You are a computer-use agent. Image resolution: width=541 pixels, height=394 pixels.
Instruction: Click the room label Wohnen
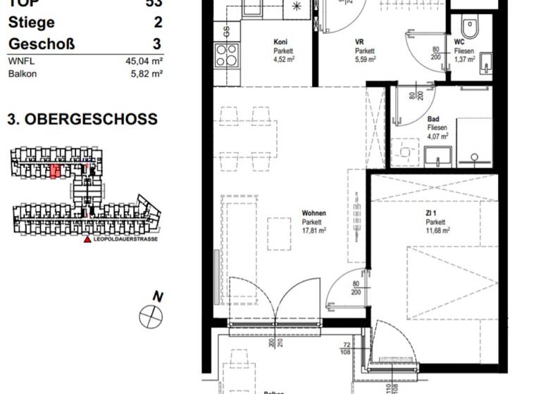(x=313, y=213)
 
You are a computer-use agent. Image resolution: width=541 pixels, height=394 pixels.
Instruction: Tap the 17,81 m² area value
(x=313, y=230)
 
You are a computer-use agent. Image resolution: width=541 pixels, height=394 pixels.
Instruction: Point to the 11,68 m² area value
(x=437, y=230)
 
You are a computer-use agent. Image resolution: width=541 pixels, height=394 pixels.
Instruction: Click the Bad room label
(x=434, y=120)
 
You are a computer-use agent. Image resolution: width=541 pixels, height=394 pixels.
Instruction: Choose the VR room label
(x=360, y=42)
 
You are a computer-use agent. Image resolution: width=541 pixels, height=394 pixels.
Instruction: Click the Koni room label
(x=280, y=42)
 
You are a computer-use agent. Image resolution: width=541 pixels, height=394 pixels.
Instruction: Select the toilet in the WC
(x=470, y=27)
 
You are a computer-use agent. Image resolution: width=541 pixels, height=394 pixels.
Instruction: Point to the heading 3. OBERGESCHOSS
(x=82, y=120)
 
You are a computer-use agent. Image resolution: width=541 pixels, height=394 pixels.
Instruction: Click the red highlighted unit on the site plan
(x=54, y=171)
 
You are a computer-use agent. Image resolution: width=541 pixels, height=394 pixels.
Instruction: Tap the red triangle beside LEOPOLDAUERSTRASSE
(x=87, y=240)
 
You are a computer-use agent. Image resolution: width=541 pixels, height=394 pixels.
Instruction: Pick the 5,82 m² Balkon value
(x=147, y=73)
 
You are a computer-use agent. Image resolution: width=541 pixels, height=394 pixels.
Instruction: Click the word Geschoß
(x=41, y=44)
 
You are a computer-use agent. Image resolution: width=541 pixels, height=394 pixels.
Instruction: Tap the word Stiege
(x=31, y=23)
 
